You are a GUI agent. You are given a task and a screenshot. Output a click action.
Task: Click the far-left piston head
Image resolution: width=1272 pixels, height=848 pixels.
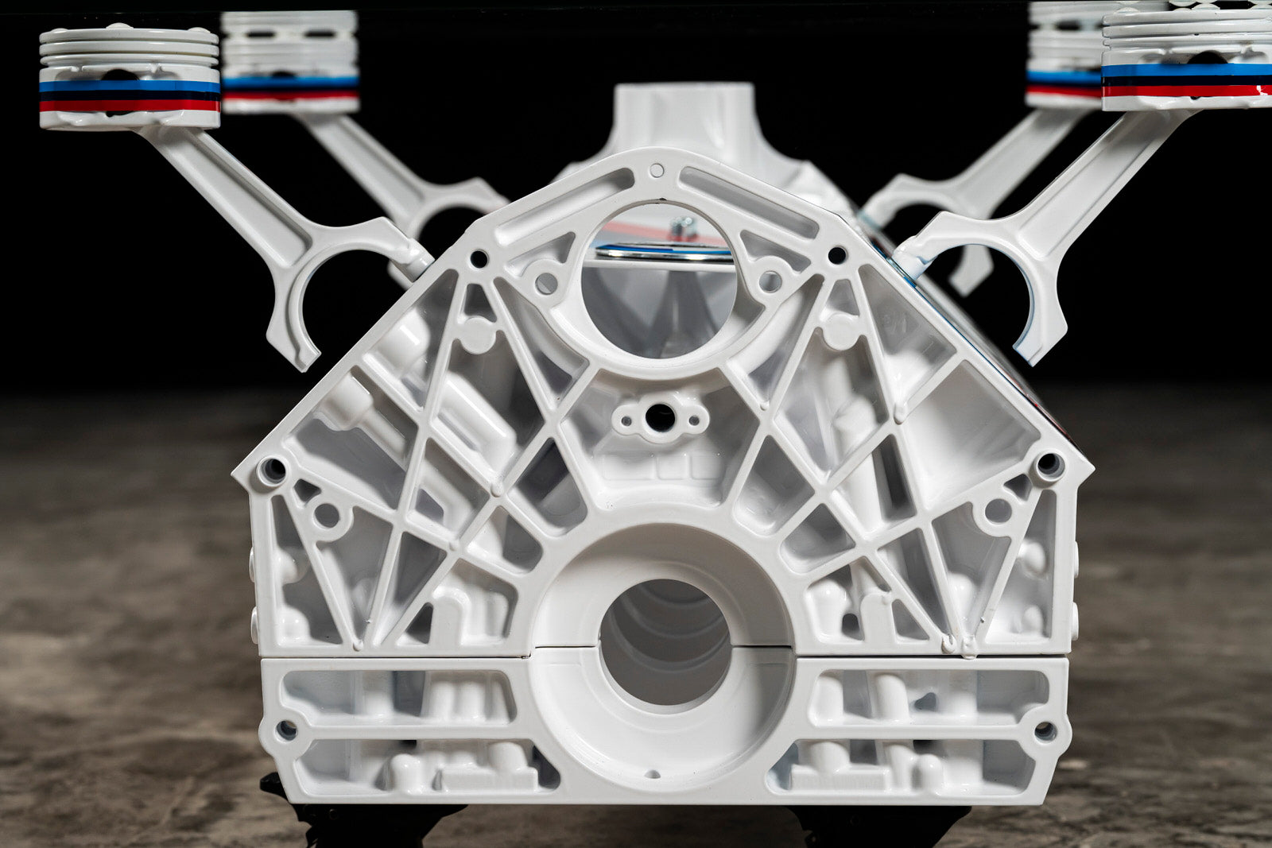pos(129,78)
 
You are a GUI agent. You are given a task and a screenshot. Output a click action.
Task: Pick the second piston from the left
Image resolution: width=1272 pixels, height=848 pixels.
pos(290,62)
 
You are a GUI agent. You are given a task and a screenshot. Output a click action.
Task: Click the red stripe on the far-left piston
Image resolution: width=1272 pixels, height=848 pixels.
pos(129,105)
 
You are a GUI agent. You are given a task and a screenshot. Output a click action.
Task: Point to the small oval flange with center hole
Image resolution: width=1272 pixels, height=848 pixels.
pos(660,417)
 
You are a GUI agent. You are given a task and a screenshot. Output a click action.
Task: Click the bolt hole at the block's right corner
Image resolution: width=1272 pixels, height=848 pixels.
pos(1048,463)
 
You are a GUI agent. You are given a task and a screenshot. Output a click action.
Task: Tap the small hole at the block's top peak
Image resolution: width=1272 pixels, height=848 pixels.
pos(656,169)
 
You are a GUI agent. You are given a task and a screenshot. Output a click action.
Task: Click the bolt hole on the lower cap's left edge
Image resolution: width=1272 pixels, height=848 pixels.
pos(286,728)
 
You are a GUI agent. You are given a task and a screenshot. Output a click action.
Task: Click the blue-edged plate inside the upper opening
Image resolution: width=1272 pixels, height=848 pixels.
pos(664,252)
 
